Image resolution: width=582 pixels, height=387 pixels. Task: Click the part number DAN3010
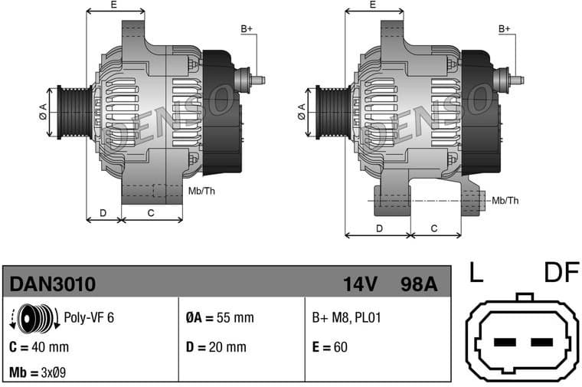click(x=52, y=284)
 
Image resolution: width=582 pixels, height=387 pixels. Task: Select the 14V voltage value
click(x=360, y=284)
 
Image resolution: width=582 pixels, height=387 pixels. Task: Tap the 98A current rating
click(x=419, y=284)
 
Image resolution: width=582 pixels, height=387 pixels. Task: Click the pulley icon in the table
click(x=34, y=318)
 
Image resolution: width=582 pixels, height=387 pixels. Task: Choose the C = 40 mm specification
click(x=39, y=346)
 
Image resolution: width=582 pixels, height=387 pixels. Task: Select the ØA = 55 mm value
click(x=219, y=317)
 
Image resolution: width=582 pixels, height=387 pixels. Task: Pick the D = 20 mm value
click(x=216, y=346)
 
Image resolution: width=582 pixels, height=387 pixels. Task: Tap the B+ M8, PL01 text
click(x=345, y=317)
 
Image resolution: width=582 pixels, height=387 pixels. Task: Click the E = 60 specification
click(x=329, y=346)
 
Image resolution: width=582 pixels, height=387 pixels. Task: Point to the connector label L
click(x=476, y=273)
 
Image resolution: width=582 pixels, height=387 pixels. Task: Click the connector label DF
click(x=561, y=273)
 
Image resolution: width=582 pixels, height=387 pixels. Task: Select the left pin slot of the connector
click(x=505, y=342)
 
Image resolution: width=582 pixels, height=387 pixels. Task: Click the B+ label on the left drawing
click(x=247, y=29)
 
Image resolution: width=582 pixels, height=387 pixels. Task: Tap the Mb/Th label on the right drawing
click(x=505, y=201)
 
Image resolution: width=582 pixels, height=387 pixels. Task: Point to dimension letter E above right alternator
click(x=373, y=5)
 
